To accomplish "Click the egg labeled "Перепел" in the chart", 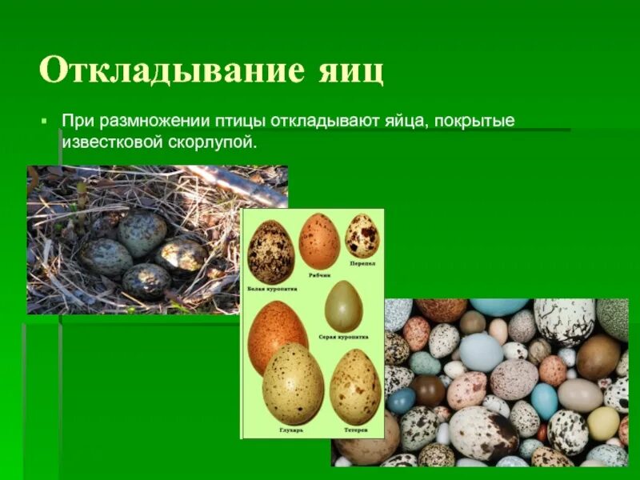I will click(362, 236).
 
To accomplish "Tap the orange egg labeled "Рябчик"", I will click(319, 241).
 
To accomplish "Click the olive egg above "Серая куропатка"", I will click(343, 306).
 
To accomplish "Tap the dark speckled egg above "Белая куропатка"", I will click(270, 252).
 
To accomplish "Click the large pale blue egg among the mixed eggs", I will click(481, 352).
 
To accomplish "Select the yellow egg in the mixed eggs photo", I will click(603, 423).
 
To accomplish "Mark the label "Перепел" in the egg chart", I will click(362, 263).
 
